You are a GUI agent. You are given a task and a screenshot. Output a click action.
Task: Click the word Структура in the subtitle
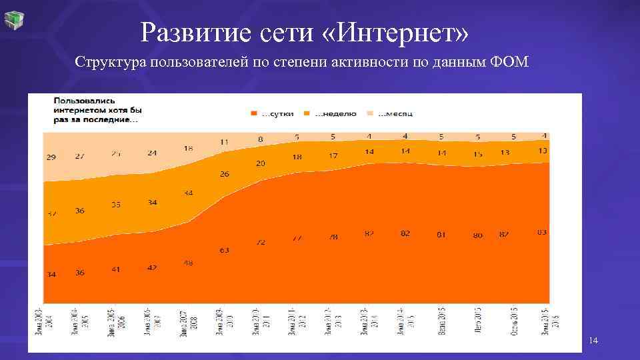click(x=111, y=63)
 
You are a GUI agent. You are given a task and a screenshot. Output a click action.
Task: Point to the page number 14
click(x=593, y=341)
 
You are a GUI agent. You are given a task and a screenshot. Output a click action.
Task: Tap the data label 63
click(x=224, y=251)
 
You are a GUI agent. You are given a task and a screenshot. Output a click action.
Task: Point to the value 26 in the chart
click(x=224, y=174)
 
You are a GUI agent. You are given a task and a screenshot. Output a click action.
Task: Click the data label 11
click(x=224, y=142)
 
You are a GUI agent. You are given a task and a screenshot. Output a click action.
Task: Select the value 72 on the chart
click(x=261, y=242)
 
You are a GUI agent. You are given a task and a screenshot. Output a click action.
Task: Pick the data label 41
click(x=116, y=269)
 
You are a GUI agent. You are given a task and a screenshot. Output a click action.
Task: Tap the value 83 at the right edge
click(x=542, y=232)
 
